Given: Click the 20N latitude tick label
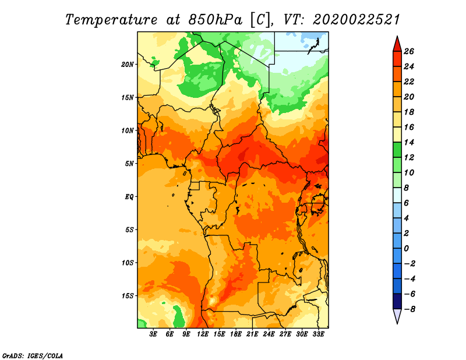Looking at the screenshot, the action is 127,65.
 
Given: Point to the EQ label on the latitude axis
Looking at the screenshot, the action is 129,197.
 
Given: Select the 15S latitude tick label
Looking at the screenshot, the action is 128,296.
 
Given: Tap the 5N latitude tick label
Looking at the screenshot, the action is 129,164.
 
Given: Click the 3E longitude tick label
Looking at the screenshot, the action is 153,334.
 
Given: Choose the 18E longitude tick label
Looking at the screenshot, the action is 235,334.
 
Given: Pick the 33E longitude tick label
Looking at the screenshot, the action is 318,334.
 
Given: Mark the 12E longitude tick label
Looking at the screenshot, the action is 202,334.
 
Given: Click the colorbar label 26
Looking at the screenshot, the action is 409,52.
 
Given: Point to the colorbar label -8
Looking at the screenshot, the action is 409,309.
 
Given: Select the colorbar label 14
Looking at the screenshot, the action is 409,142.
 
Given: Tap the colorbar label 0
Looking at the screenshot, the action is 406,249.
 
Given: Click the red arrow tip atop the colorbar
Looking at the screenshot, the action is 397,37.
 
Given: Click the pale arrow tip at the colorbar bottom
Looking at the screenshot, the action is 397,323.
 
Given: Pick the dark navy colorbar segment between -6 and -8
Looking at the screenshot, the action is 397,301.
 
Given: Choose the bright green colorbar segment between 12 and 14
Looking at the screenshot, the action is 397,150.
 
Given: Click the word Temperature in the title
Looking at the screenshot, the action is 111,20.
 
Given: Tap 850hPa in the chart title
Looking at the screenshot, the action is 216,20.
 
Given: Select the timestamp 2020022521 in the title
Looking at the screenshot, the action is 356,20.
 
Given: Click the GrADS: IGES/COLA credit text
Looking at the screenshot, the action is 33,356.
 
